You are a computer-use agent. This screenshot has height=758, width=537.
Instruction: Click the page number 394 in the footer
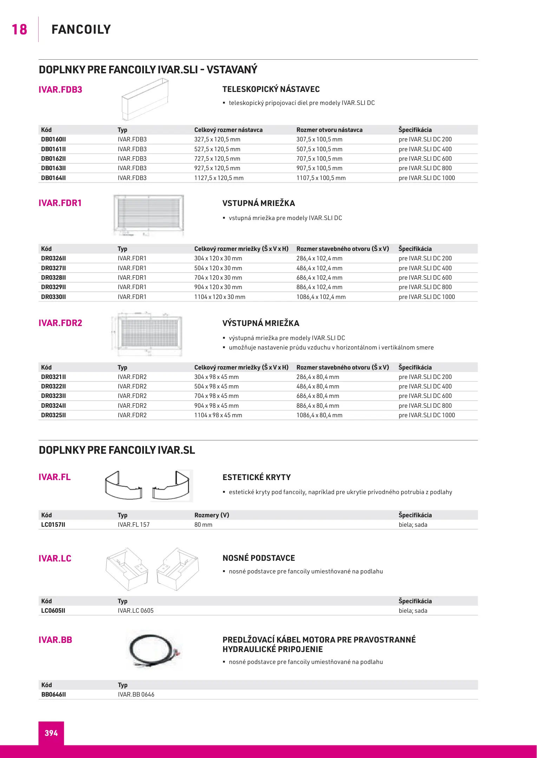click(x=51, y=733)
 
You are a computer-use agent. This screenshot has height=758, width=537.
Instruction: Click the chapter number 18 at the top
click(x=19, y=30)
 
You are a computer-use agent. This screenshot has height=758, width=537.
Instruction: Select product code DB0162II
click(x=53, y=159)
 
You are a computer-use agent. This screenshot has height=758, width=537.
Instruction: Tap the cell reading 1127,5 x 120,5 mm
click(x=219, y=178)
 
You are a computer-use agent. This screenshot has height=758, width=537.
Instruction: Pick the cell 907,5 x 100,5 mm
click(x=319, y=168)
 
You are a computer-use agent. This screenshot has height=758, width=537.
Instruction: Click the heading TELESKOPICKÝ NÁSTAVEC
click(x=271, y=89)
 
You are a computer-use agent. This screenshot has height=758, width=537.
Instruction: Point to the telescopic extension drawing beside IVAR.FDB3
click(x=145, y=99)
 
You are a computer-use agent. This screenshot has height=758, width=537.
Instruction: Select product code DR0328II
click(x=53, y=278)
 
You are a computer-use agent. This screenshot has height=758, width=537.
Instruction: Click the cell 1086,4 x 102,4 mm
click(x=321, y=297)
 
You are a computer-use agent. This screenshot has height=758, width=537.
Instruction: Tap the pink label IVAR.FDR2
click(x=60, y=323)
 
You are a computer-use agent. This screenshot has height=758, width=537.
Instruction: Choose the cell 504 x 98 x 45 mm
click(x=216, y=386)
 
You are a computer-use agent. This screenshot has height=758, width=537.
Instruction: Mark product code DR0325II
click(x=53, y=415)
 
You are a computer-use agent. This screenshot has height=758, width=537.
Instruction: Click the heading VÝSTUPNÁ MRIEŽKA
click(x=261, y=323)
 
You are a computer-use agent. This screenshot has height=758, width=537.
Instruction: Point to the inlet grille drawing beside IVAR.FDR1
click(x=149, y=215)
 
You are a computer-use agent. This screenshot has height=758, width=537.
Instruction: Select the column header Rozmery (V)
click(x=211, y=515)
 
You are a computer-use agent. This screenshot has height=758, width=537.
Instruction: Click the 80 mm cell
click(x=203, y=525)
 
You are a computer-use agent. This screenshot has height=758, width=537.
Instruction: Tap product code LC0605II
click(x=53, y=611)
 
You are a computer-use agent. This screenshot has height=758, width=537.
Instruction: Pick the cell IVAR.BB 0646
click(x=136, y=694)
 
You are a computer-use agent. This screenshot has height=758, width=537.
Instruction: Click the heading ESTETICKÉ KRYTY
click(x=256, y=477)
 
